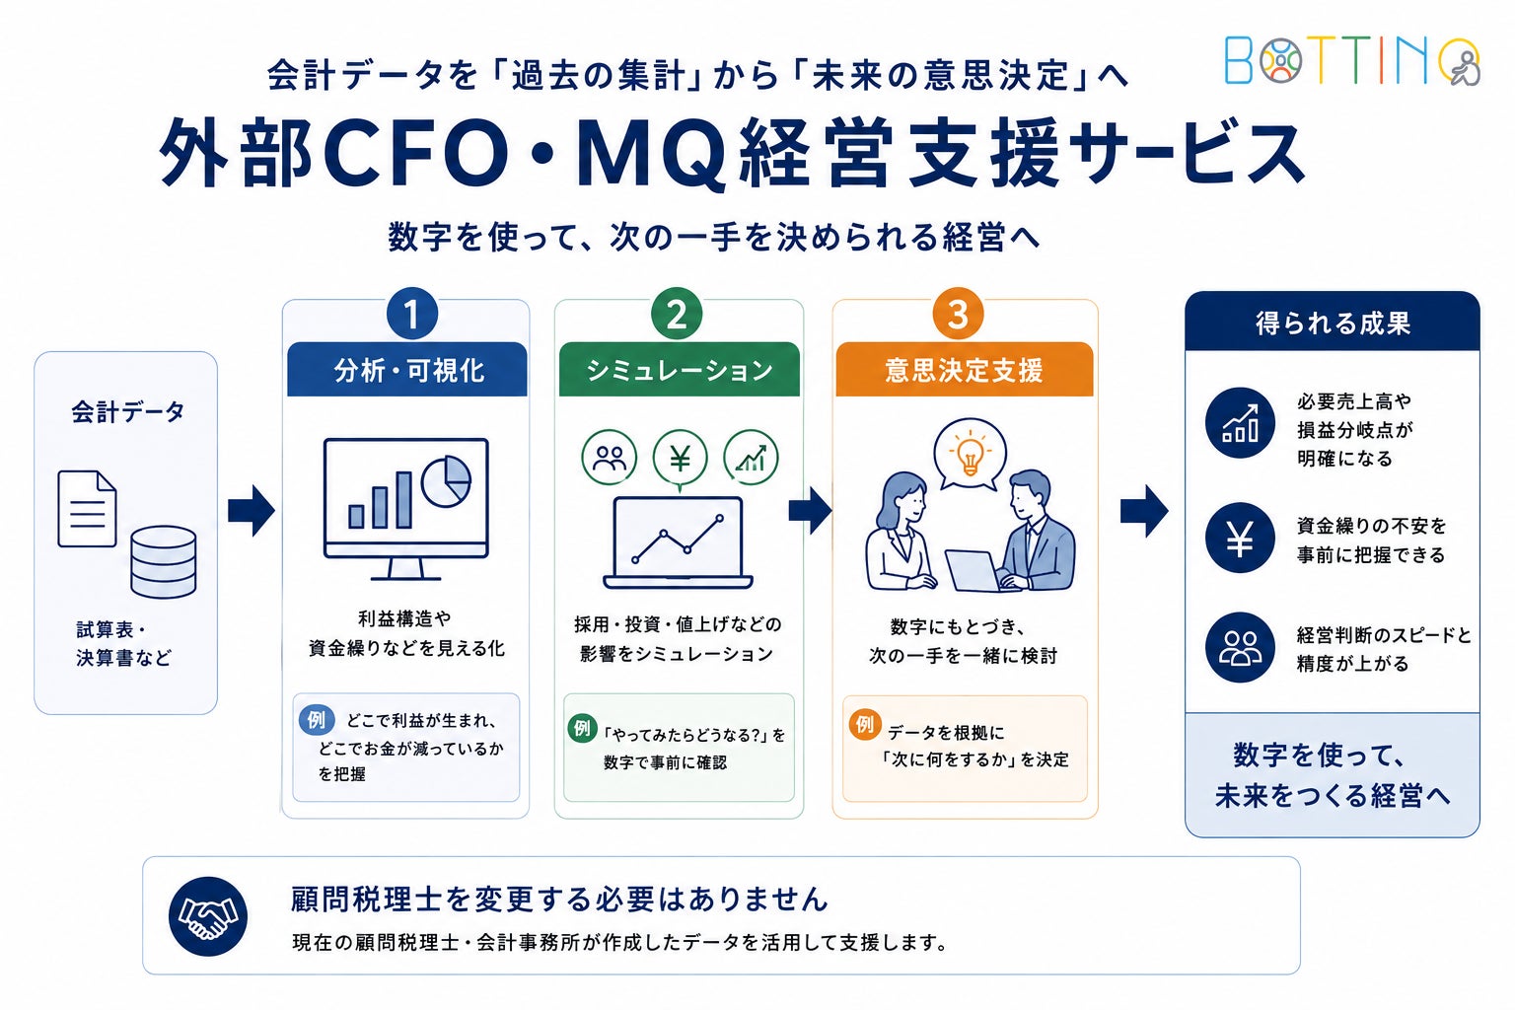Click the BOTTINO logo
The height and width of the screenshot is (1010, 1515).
1352,61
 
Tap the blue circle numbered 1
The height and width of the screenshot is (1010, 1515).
412,314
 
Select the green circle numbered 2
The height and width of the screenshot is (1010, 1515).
677,314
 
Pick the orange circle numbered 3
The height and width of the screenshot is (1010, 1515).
958,314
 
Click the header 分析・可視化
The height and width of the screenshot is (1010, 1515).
407,369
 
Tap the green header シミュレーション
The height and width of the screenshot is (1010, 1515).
679,369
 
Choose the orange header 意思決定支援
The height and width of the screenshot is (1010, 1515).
965,369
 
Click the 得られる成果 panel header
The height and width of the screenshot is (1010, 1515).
1333,322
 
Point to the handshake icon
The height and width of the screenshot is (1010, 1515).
208,916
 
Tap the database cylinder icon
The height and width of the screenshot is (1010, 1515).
164,562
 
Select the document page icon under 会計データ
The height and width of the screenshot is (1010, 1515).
87,509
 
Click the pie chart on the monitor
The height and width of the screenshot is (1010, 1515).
446,481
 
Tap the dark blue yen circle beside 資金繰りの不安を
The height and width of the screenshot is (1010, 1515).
1240,539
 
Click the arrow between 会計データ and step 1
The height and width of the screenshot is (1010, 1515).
251,510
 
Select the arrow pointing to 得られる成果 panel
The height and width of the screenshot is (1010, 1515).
1144,511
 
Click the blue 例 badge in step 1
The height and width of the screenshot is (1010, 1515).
317,719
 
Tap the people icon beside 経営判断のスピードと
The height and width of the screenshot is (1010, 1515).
1240,647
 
